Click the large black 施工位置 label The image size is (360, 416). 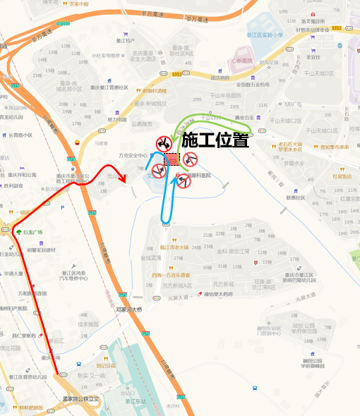coord(215,140)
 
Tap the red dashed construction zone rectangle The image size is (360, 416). coord(172,160)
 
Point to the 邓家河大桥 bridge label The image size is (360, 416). coord(129,309)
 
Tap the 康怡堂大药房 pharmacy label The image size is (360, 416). coord(218,294)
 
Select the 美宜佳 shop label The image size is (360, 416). coord(313,57)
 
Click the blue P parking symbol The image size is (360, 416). coord(64,207)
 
